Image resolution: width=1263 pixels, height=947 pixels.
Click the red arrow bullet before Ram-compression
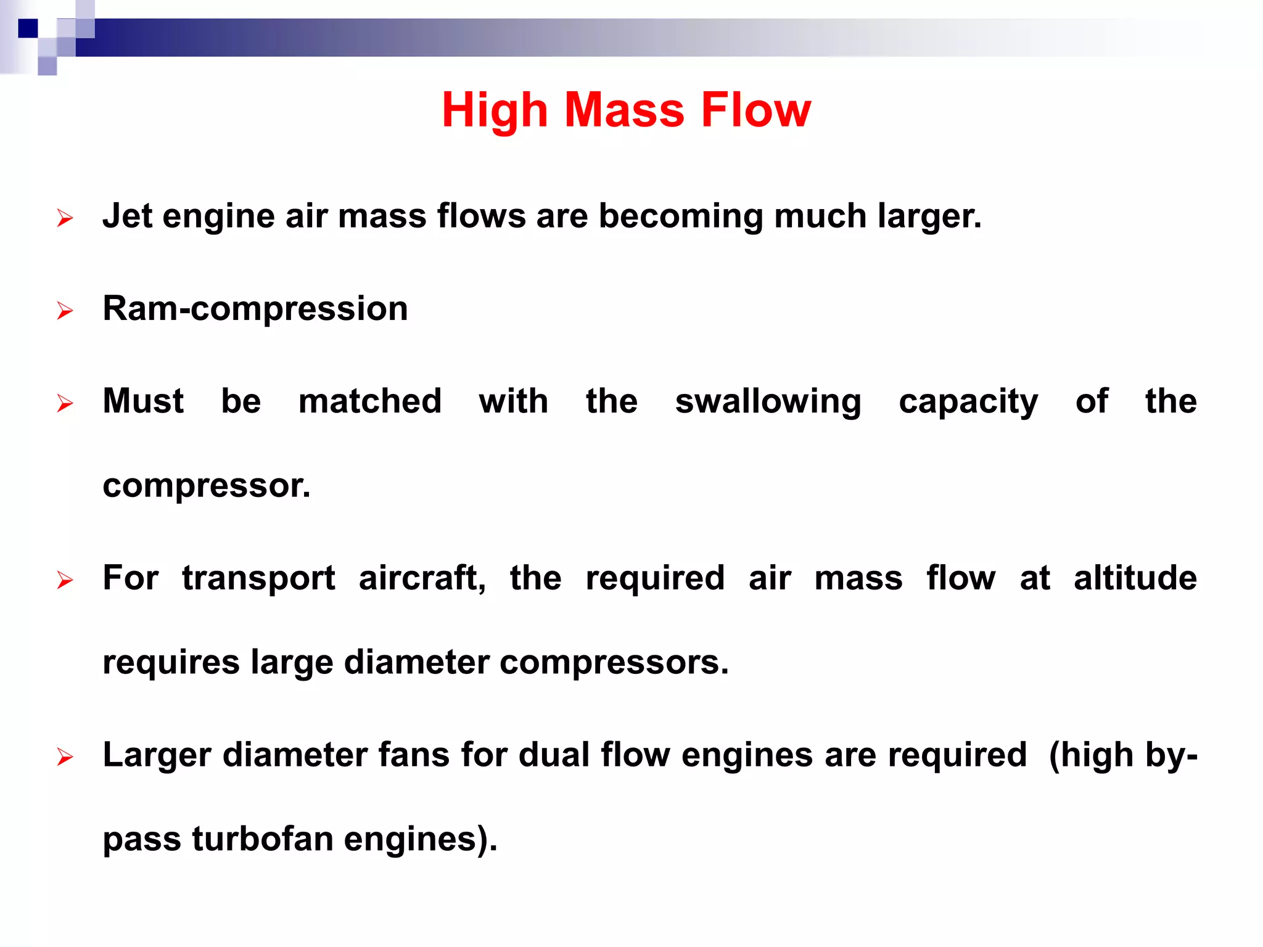[x=65, y=311]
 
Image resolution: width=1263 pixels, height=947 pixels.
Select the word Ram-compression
[x=255, y=309]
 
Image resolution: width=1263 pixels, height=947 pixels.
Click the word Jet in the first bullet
[x=127, y=216]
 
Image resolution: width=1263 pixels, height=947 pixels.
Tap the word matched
[x=370, y=401]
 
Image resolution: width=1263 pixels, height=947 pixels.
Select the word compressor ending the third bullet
[x=206, y=486]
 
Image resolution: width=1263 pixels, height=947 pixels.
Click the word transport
[x=258, y=579]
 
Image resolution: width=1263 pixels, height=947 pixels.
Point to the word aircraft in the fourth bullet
[x=422, y=578]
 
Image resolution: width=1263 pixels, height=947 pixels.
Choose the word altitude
[x=1135, y=578]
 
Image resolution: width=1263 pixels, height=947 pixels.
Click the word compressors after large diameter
[x=613, y=663]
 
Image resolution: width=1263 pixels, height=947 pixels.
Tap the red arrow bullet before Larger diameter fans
[x=65, y=756]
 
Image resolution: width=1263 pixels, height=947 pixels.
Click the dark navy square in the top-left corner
[x=28, y=28]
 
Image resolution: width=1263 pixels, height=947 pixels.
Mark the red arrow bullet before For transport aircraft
[x=65, y=580]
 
